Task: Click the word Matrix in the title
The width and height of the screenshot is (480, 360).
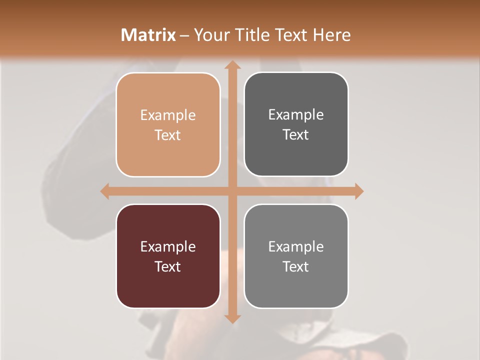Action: coord(148,35)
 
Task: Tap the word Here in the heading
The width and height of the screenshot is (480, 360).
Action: coord(331,35)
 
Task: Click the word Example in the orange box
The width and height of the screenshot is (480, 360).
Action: coord(168,115)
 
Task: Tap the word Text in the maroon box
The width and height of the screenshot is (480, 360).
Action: coord(168,266)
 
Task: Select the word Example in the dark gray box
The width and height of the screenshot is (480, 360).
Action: coord(296,115)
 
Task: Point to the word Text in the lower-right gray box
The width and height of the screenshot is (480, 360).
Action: coord(296,266)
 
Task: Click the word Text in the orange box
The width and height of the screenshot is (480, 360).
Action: coord(168,135)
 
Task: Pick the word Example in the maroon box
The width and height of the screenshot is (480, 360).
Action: coord(168,246)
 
